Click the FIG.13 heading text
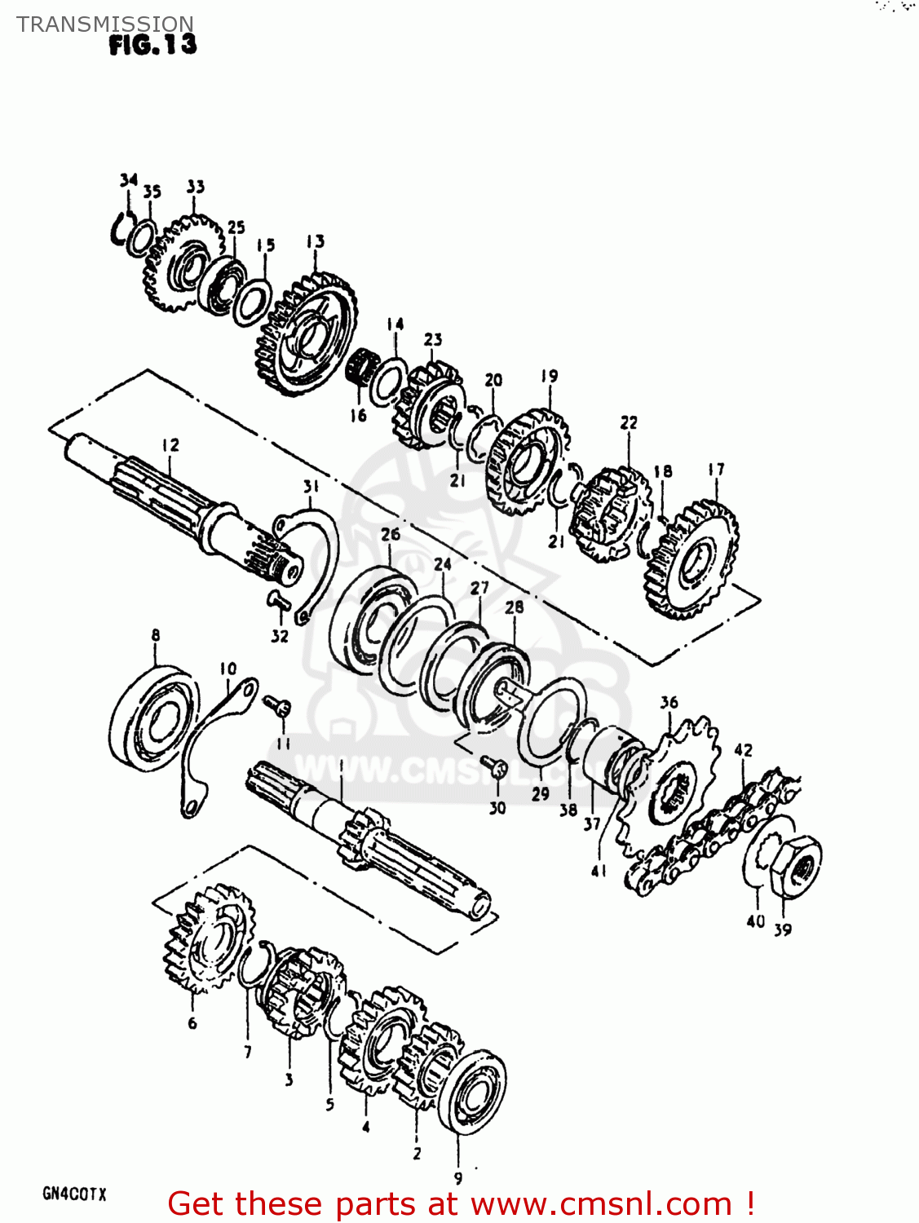click(153, 45)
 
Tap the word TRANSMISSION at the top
click(105, 24)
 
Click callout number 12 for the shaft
click(170, 445)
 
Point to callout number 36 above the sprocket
click(669, 702)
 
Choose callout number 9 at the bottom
click(458, 1177)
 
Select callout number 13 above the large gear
click(316, 241)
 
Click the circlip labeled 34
click(121, 228)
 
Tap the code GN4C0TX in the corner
click(74, 1194)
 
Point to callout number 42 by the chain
click(743, 750)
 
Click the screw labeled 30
click(495, 766)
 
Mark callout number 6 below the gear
click(192, 1023)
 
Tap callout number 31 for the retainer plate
click(311, 487)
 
